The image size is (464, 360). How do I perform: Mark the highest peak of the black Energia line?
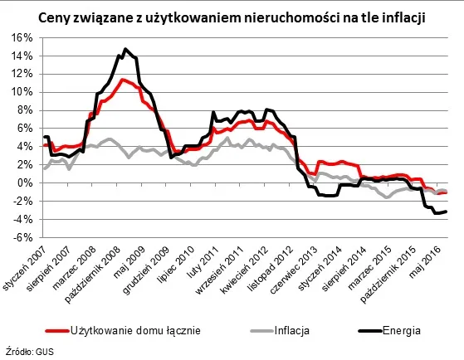125,49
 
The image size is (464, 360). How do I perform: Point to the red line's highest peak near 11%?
122,80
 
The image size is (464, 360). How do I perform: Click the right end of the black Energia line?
447,212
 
